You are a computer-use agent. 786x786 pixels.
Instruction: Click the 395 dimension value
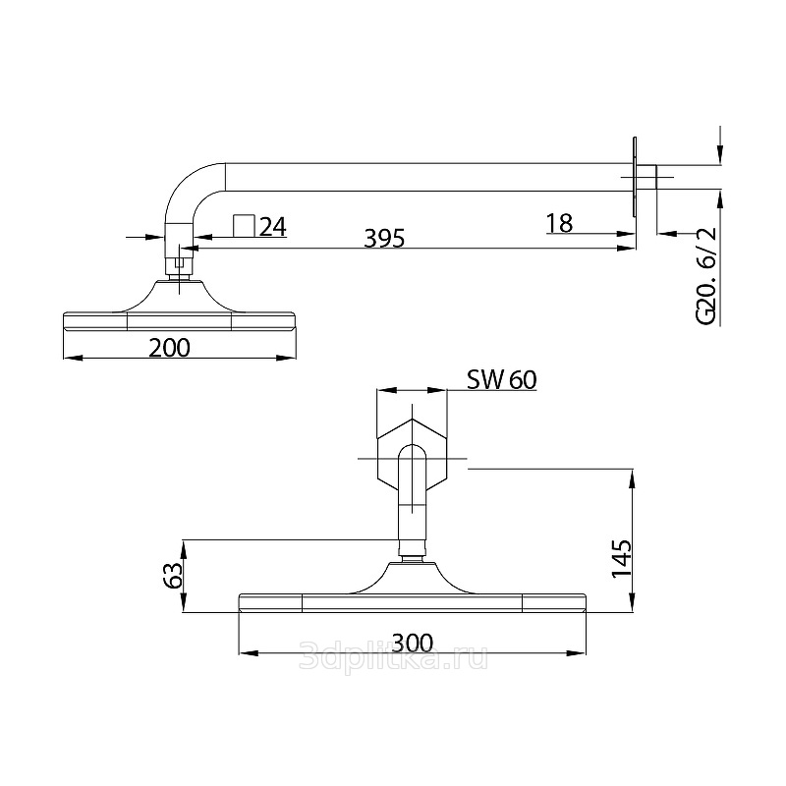tap(384, 238)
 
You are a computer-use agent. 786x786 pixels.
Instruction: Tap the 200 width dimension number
tap(169, 348)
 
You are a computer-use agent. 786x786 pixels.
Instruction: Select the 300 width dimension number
tap(412, 643)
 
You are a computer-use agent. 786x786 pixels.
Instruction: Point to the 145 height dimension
tap(622, 558)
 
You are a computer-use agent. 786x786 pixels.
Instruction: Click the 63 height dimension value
tap(172, 576)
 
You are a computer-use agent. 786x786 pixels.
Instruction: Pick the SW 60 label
tap(502, 380)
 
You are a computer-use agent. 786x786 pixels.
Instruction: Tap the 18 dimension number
tap(559, 224)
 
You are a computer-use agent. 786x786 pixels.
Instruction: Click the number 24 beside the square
tap(273, 227)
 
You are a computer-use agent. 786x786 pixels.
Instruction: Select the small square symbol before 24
tap(244, 225)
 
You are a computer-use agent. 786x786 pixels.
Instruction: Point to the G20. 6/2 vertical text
tap(706, 275)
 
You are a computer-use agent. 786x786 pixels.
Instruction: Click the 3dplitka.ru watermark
tap(393, 656)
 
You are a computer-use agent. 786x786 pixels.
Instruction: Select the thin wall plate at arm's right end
tap(635, 177)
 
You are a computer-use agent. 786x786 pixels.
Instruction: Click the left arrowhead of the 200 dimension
tap(73, 358)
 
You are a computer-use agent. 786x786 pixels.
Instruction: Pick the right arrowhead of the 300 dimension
tap(576, 653)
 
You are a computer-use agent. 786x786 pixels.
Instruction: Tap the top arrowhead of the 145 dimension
tap(633, 478)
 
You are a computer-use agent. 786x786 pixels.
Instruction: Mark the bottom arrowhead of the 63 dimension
tap(184, 602)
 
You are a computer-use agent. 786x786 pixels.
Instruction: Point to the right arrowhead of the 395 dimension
tap(627, 248)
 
